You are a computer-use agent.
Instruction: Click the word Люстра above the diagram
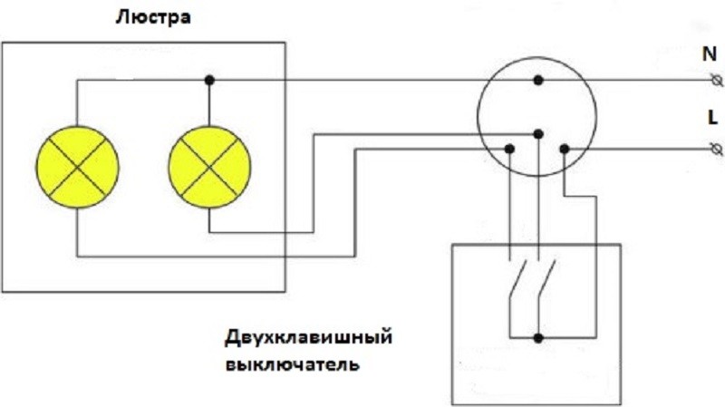[x=153, y=17]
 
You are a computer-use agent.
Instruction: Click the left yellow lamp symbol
[x=78, y=168]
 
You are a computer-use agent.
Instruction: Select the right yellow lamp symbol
[x=209, y=168]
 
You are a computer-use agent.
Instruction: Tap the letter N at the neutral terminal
[x=710, y=54]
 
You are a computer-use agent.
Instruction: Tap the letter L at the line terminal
[x=712, y=118]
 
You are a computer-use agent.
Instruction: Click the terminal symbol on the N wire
[x=717, y=81]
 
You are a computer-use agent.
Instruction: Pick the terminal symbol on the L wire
[x=716, y=149]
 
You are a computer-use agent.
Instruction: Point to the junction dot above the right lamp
[x=209, y=81]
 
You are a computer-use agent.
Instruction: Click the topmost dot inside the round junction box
[x=537, y=81]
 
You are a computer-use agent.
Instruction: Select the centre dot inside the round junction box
[x=537, y=134]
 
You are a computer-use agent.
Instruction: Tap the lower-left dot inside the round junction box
[x=509, y=149]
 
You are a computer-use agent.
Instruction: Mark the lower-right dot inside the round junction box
[x=564, y=149]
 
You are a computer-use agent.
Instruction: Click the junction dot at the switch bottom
[x=537, y=338]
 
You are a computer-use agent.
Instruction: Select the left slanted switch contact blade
[x=517, y=279]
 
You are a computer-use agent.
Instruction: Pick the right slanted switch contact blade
[x=546, y=279]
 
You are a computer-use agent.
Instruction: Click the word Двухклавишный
[x=308, y=337]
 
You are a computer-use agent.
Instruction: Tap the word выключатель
[x=292, y=364]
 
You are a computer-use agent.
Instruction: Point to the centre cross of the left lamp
[x=78, y=168]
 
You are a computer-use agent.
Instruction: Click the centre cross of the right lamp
[x=209, y=168]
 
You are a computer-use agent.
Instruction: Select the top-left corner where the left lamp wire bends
[x=78, y=81]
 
